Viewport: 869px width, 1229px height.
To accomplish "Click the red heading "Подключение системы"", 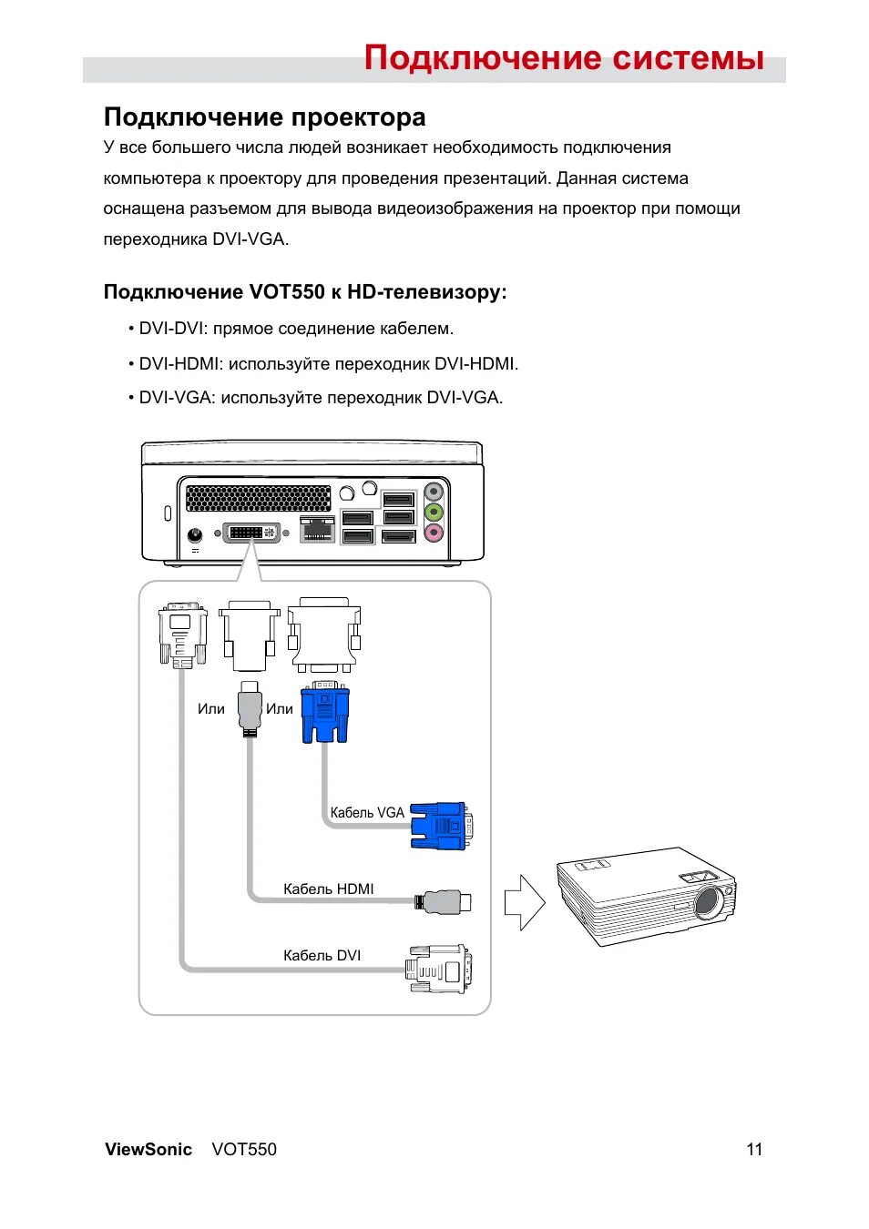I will click(x=564, y=58).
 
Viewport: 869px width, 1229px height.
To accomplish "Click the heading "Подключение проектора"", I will click(x=264, y=117).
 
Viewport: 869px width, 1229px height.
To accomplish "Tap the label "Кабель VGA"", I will click(x=367, y=813).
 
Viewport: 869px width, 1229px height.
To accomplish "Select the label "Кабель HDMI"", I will click(x=328, y=889).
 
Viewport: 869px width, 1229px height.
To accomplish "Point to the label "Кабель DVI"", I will click(x=322, y=955).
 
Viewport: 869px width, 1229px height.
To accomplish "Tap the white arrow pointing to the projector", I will click(x=524, y=902).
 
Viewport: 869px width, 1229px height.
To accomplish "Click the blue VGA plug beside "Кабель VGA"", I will click(x=440, y=825).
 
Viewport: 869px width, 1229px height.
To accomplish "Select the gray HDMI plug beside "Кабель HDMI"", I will click(x=445, y=902).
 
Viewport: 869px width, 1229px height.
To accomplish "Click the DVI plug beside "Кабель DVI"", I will click(x=439, y=969).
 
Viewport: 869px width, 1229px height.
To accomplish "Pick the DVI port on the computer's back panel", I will click(x=252, y=532).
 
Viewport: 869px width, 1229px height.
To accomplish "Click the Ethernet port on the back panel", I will click(x=316, y=529).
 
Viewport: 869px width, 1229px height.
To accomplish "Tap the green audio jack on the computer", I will click(x=434, y=513).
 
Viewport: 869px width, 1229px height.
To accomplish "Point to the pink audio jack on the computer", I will click(x=434, y=533).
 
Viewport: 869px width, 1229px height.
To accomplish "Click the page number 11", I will click(x=754, y=1149).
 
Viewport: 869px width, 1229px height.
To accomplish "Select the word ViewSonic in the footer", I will click(x=148, y=1149).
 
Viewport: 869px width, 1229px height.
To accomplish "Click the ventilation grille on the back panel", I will click(x=258, y=498).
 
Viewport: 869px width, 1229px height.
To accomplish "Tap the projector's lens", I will click(x=709, y=902).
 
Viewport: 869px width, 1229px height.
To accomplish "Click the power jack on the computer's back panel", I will click(x=194, y=535).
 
